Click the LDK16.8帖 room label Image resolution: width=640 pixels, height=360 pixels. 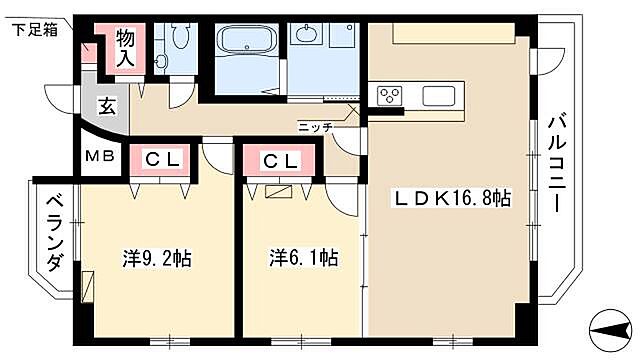pos(452,198)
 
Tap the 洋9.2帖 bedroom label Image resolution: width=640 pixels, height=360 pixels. pos(157,258)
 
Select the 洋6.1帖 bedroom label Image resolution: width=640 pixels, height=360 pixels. pos(304,258)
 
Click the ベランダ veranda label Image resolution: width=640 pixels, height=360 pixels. pos(55,233)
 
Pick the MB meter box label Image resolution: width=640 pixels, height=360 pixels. pos(100,156)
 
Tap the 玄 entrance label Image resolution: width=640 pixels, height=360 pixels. pos(107,107)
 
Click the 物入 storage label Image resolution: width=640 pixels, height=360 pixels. pos(125,48)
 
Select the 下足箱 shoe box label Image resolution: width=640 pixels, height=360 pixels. pos(35,30)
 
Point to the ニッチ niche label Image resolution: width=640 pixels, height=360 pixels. pos(315,127)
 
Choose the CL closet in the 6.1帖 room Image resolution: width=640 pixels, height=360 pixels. pos(280,161)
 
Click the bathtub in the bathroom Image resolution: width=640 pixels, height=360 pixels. pos(247,40)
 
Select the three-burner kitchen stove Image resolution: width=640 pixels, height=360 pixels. pos(389,96)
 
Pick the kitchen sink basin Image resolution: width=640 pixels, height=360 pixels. pos(439,96)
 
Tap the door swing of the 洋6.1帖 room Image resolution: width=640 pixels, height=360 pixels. pos(341,199)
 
